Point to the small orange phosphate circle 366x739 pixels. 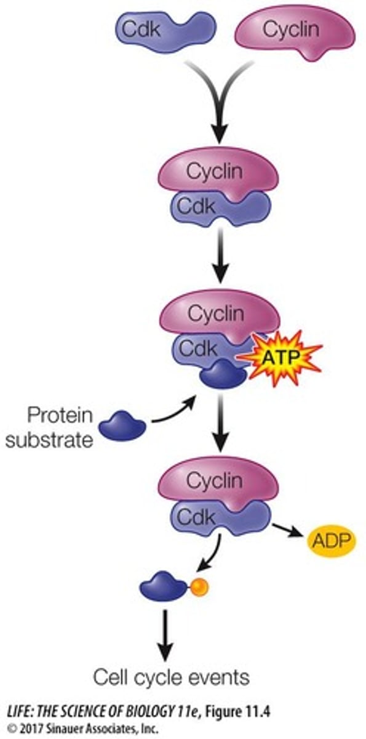coord(199,588)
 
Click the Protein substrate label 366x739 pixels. coord(60,429)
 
